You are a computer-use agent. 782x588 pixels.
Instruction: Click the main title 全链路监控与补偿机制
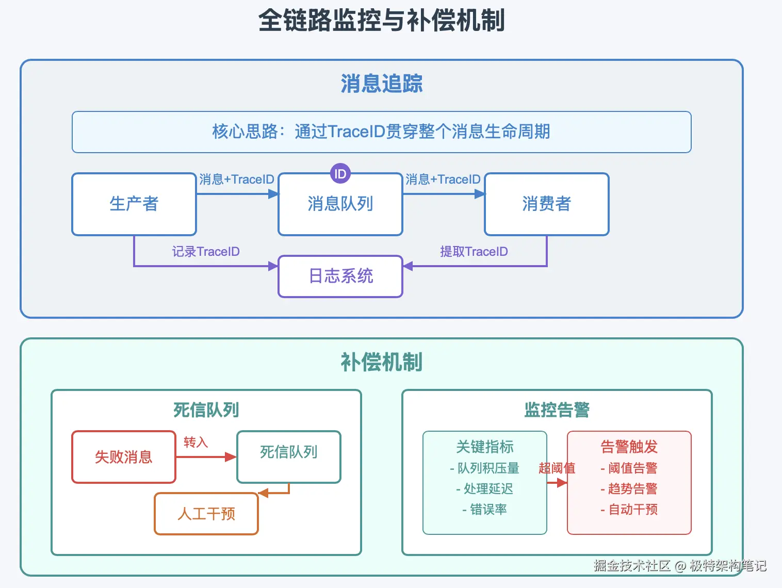coord(381,21)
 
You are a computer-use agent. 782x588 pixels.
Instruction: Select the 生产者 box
coord(134,204)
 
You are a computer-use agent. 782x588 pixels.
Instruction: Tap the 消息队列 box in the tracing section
coord(340,204)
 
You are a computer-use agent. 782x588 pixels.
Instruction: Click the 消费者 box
coord(547,204)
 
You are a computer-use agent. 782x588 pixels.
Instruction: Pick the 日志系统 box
coord(340,276)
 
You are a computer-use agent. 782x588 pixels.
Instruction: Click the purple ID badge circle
coord(340,174)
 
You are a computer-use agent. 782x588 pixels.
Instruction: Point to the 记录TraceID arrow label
coord(206,252)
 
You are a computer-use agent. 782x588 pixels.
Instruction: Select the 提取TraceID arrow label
coord(474,252)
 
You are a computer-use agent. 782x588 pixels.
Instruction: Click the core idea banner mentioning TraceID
coord(381,132)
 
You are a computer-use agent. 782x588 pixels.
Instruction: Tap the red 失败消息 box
coord(124,457)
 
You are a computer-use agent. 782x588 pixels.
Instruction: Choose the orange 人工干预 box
coord(206,514)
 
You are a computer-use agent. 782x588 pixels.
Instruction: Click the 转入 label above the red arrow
coord(196,443)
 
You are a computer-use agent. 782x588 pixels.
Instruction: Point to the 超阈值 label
coord(557,468)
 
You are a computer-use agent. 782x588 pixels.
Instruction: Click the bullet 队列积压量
coord(485,468)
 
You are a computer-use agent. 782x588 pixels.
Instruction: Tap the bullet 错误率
coord(485,510)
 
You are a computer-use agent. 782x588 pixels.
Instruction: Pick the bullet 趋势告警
coord(629,489)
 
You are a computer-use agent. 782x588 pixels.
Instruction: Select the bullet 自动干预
coord(629,510)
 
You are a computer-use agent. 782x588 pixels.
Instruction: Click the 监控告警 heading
coord(557,410)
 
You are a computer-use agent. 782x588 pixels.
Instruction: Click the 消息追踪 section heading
coord(381,84)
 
